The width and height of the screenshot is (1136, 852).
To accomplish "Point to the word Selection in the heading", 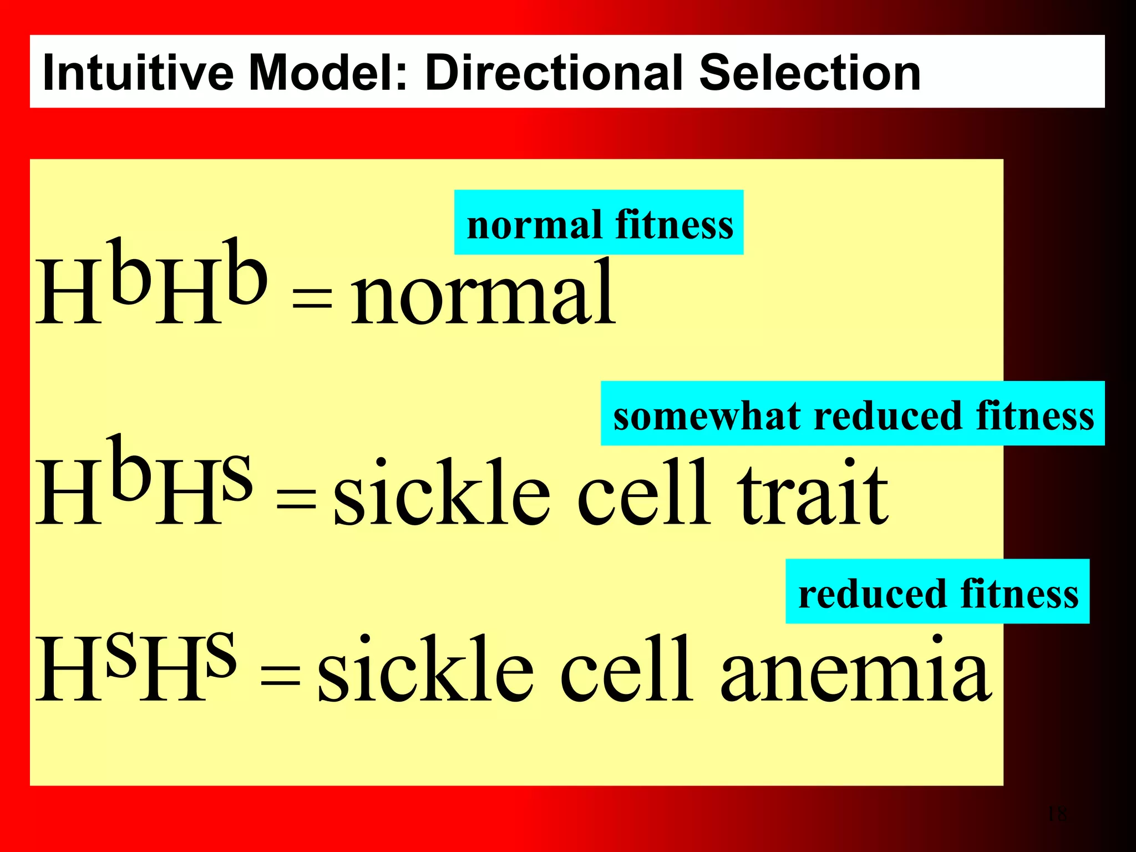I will pyautogui.click(x=809, y=73).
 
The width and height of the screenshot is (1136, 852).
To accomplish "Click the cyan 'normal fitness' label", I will pyautogui.click(x=599, y=223).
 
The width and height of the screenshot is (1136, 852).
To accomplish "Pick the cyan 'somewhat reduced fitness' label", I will pyautogui.click(x=853, y=414).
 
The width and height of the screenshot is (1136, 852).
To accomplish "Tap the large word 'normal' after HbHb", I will pyautogui.click(x=483, y=294).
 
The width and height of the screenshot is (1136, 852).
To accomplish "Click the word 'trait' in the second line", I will pyautogui.click(x=813, y=494).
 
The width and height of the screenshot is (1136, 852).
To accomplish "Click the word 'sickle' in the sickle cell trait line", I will pyautogui.click(x=441, y=494).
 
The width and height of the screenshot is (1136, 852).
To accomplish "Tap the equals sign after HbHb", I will pyautogui.click(x=312, y=300).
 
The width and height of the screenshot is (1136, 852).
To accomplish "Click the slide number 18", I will pyautogui.click(x=1057, y=814).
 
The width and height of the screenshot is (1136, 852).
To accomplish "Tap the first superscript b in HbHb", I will pyautogui.click(x=130, y=272).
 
